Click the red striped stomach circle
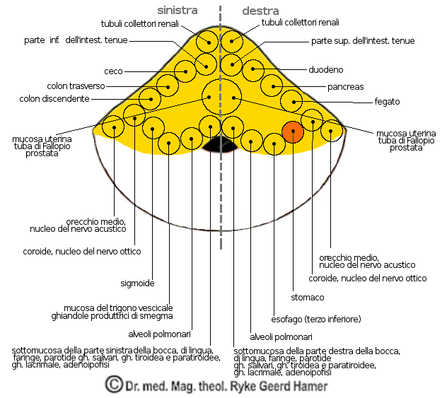tap(293, 132)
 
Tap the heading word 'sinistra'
tap(177, 11)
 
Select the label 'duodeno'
tap(326, 70)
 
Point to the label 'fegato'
tap(387, 102)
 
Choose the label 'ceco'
tap(114, 71)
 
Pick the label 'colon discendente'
tap(59, 98)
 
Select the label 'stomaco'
tap(308, 297)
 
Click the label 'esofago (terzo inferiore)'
tap(316, 319)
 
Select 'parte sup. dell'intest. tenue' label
tap(363, 41)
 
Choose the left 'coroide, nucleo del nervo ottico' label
tap(81, 251)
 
